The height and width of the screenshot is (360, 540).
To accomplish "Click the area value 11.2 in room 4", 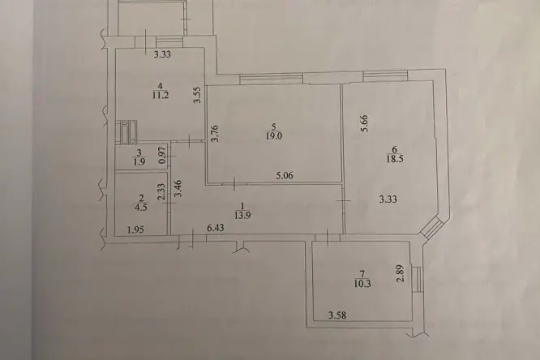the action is pos(161,95).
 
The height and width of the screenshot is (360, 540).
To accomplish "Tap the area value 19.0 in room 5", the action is pos(274,136).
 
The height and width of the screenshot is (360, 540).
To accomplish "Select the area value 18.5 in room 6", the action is pos(395,159).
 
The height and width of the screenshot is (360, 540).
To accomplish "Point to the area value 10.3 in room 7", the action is pos(362,284).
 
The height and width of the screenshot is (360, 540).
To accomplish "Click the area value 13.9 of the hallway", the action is pos(242,216).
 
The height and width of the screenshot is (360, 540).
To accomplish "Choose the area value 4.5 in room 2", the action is pos(141,207).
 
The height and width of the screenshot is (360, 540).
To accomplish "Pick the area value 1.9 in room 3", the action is pos(139,162).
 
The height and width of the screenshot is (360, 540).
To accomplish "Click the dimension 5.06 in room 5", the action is pos(285,176).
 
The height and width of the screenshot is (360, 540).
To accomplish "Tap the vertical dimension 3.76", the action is pos(215,134).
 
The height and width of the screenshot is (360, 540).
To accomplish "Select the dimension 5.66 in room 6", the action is pos(365,123).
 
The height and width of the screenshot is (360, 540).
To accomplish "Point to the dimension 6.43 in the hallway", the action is pos(216,228).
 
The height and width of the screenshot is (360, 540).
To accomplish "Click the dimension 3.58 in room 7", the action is pos(337,315).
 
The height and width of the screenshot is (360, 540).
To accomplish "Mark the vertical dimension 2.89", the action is pos(401,273).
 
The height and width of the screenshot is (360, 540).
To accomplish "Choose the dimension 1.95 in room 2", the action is pos(135,229).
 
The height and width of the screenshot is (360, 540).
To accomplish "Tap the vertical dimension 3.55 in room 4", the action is pos(197,95).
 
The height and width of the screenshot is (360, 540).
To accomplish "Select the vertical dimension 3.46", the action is pos(178,189).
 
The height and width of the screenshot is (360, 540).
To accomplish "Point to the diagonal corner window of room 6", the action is pos(431,228).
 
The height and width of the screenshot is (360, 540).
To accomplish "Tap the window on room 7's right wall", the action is pos(417,279).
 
